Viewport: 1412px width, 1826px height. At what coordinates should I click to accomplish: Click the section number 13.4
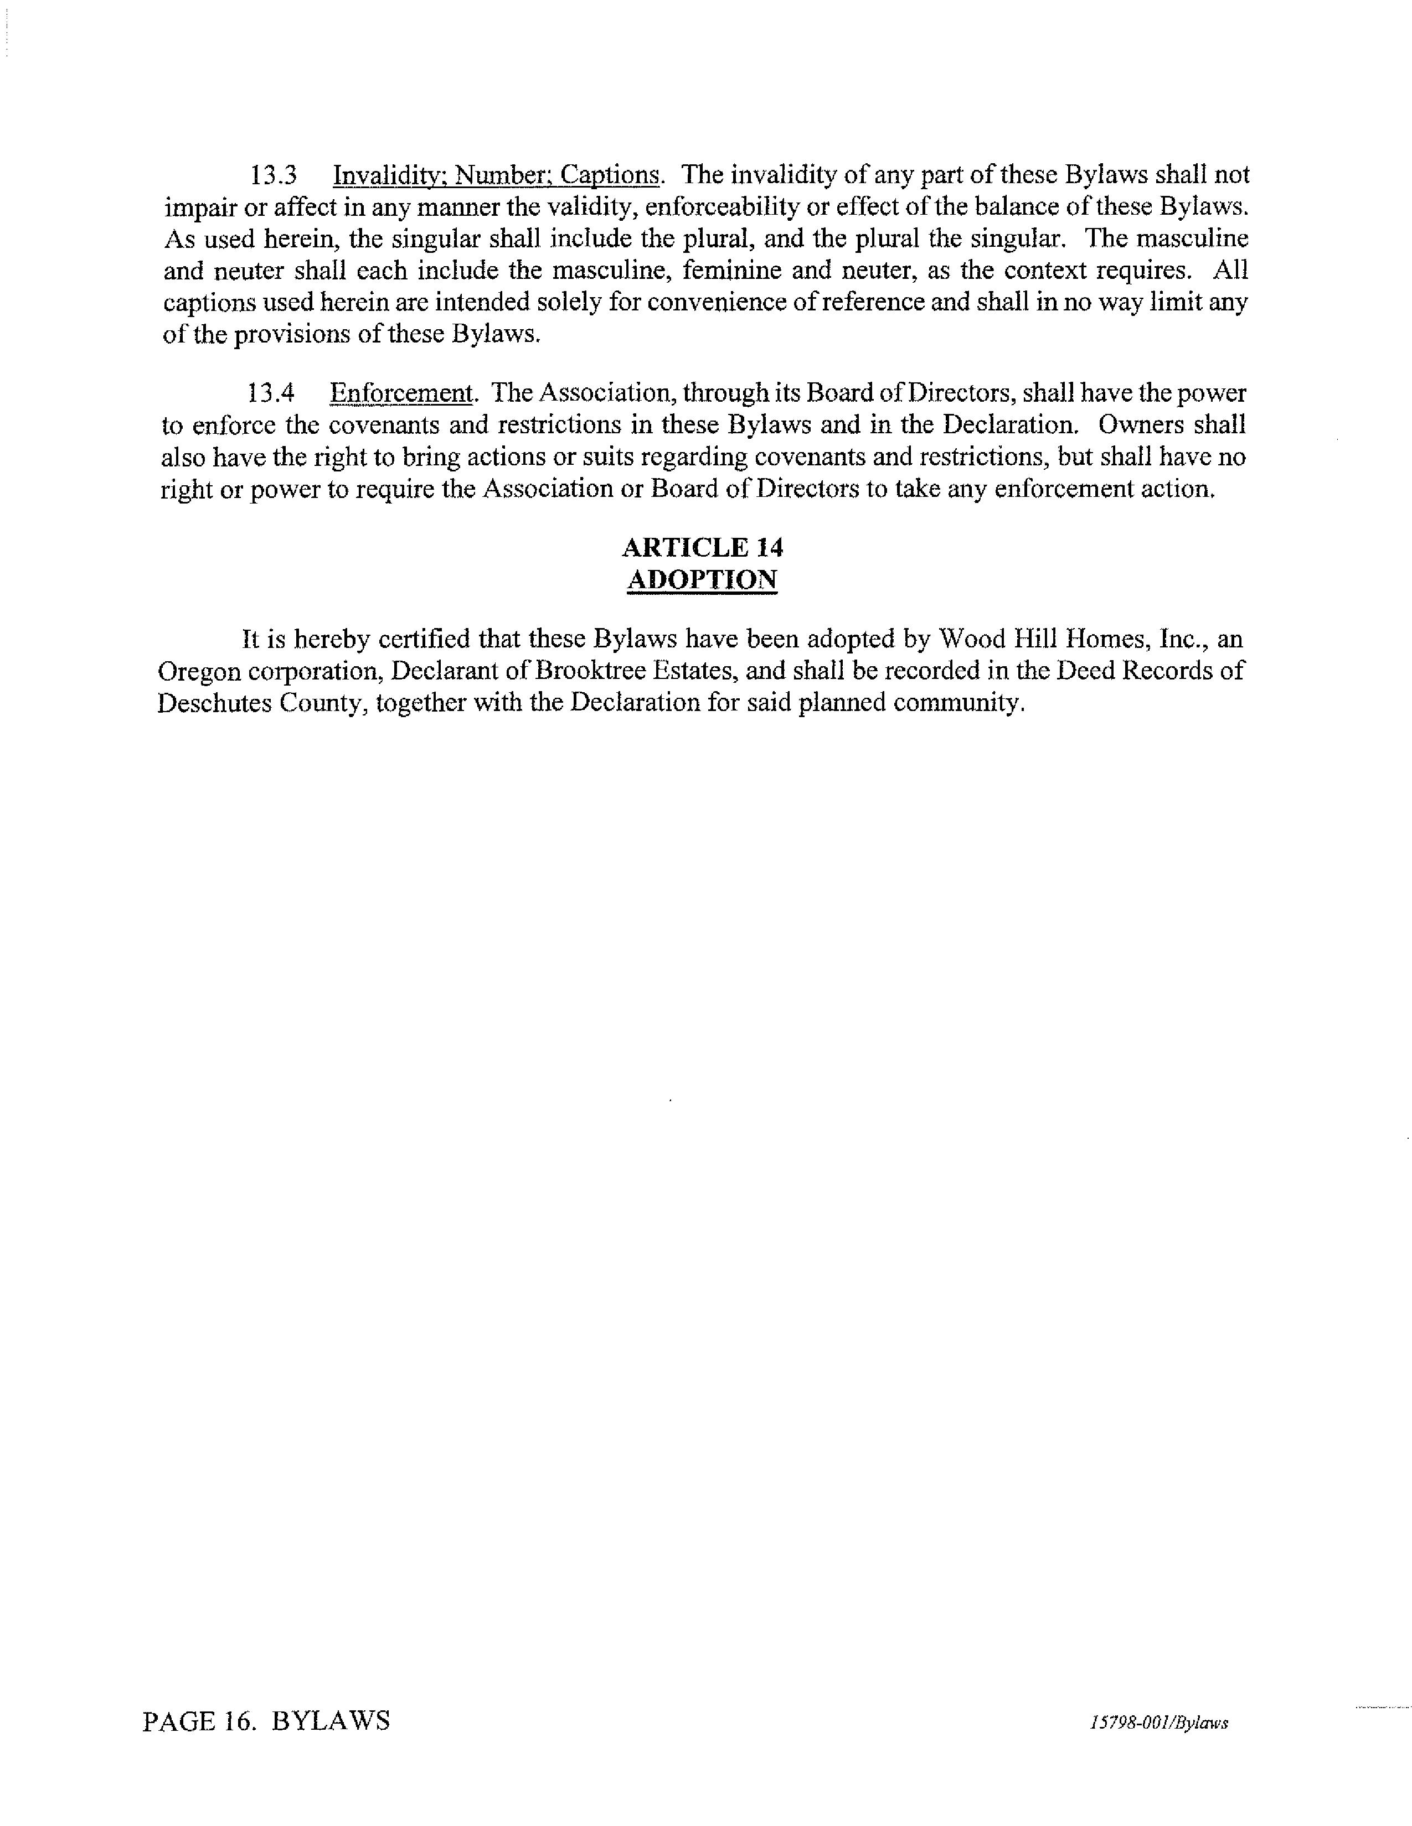271,393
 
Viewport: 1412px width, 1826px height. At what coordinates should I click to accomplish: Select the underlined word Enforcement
401,393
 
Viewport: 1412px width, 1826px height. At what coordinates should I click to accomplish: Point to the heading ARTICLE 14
703,548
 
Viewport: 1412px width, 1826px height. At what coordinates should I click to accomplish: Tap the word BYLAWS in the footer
331,1721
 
